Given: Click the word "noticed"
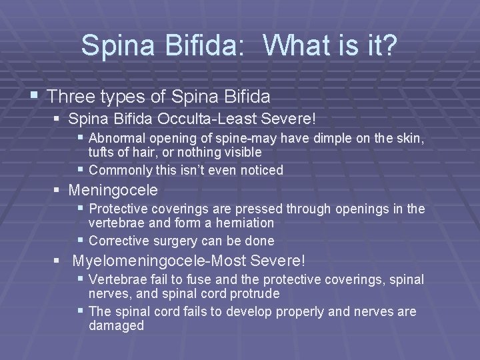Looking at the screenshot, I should coord(260,170).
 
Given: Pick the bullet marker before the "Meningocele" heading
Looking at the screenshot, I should coord(57,190).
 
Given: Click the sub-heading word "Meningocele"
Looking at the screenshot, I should coord(114,191).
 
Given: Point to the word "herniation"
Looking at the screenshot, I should coord(241,223).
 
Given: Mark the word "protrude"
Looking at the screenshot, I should coord(255,294).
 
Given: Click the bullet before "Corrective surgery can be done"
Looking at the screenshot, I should coord(81,240).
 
